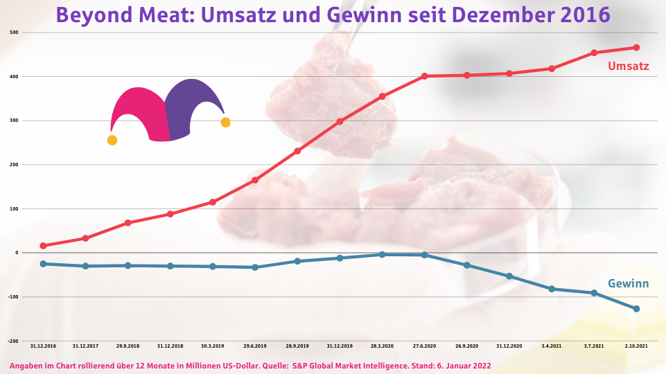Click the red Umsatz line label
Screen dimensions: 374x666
tap(628, 66)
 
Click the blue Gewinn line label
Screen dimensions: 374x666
tap(628, 283)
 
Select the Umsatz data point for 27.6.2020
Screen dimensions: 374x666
tap(424, 76)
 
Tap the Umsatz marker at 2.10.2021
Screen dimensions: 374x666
tap(636, 47)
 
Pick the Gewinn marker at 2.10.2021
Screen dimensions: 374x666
tap(636, 309)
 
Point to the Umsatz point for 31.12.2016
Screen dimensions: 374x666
tap(43, 246)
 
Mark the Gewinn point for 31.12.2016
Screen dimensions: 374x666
tap(43, 264)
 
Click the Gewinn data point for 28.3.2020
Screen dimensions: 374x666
tap(382, 255)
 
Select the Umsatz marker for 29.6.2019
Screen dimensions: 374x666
tap(255, 180)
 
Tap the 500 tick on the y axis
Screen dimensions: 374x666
tap(14, 33)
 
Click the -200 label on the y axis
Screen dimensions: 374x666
tap(13, 341)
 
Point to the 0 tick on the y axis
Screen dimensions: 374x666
tap(16, 253)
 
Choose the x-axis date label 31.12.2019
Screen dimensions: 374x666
tap(340, 345)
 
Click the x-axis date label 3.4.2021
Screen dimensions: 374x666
tap(552, 345)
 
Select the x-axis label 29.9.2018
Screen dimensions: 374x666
tap(128, 345)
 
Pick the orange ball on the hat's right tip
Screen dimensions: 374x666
tap(225, 123)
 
